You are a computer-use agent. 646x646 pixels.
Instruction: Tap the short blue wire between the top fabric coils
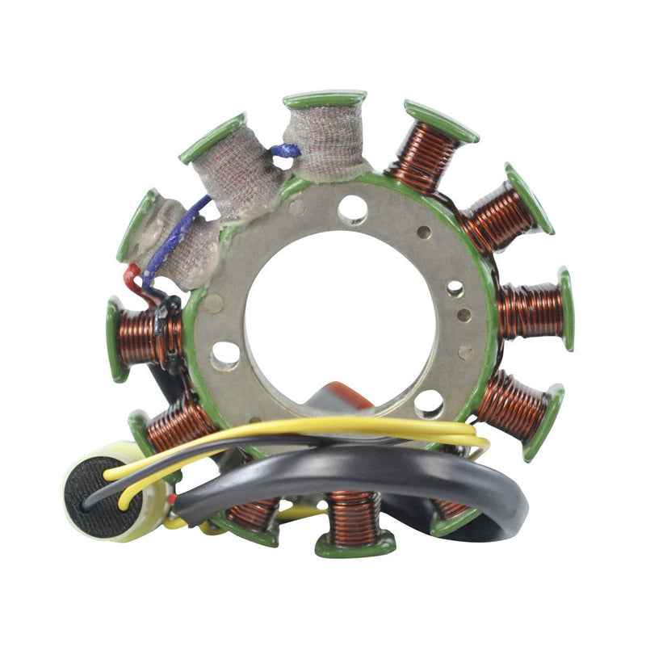pos(286,151)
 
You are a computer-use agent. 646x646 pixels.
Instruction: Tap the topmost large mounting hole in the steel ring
pos(352,209)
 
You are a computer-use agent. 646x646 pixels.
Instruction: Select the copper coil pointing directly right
pos(528,312)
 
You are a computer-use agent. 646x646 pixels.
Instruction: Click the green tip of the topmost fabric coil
pos(324,100)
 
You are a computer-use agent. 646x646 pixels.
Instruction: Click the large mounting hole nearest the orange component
pos(429,402)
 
